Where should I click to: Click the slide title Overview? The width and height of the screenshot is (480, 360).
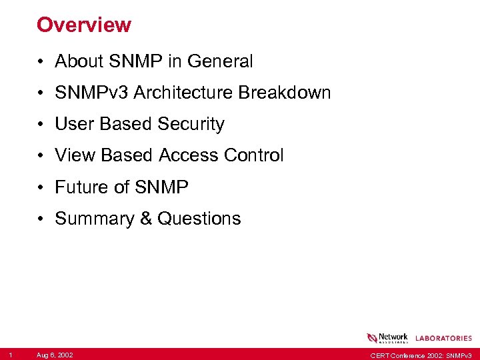coord(84,25)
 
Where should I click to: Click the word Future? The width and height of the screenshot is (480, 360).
coord(82,187)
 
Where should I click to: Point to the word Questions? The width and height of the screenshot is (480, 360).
coord(199,219)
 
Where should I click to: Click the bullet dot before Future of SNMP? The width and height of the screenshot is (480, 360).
coord(41,188)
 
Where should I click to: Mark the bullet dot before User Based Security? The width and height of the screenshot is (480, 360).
coord(41,125)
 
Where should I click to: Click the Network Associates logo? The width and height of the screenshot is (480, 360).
coord(387,338)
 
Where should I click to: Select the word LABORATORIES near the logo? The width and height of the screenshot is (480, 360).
coord(443,339)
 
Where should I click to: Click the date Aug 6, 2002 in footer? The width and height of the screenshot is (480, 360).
coord(55,355)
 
